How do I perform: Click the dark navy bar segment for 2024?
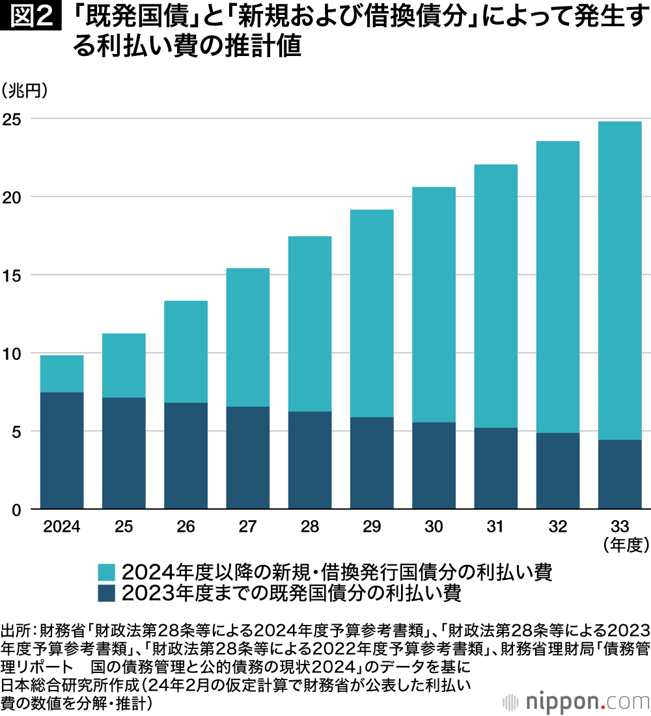[x=62, y=450]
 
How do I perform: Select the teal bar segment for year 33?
[x=620, y=280]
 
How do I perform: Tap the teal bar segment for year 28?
[x=310, y=324]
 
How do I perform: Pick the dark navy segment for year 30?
[x=434, y=465]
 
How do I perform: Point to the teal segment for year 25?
[x=124, y=365]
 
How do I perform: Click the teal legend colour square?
[x=106, y=572]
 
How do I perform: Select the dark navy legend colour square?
[x=106, y=593]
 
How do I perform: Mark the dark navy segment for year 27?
[x=248, y=458]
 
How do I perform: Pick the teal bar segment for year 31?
[x=495, y=296]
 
